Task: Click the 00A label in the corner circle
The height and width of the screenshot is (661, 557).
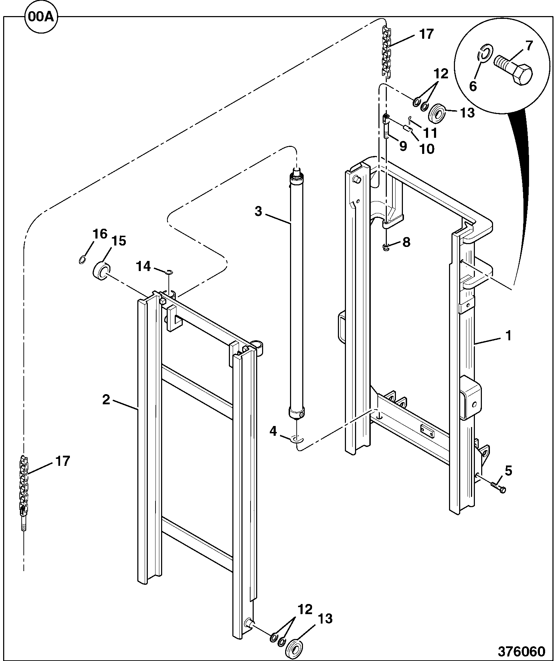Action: [41, 17]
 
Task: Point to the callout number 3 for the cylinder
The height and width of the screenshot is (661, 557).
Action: [258, 211]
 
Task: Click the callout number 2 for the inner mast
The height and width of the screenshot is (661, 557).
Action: [106, 399]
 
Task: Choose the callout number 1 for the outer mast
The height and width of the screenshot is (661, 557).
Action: [509, 336]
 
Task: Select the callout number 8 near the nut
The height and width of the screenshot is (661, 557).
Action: [406, 242]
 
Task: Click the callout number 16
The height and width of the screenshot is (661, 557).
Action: [100, 234]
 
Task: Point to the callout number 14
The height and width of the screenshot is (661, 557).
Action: [144, 266]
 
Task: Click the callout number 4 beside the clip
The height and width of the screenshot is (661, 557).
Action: [273, 432]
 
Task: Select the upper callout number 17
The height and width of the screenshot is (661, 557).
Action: [426, 34]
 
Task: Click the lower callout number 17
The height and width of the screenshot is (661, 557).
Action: [63, 461]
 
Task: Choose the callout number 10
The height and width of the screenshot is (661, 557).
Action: [426, 149]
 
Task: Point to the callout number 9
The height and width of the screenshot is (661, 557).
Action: [403, 146]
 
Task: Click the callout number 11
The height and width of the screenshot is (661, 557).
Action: [430, 133]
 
